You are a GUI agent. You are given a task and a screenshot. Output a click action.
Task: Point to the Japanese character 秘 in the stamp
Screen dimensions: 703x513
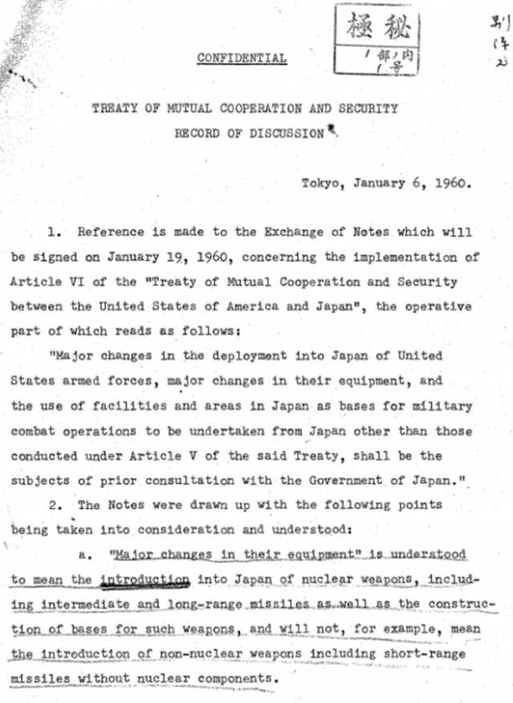coord(393,27)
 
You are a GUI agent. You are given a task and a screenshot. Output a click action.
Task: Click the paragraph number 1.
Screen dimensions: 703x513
coord(53,231)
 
